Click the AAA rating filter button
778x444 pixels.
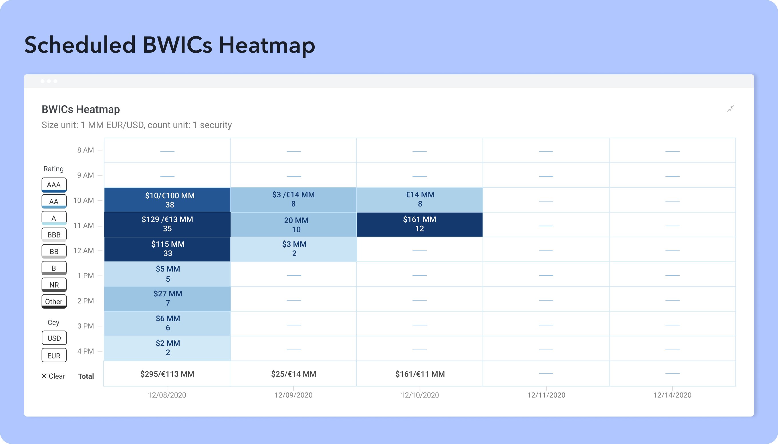pyautogui.click(x=54, y=185)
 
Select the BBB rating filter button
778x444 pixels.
pyautogui.click(x=54, y=235)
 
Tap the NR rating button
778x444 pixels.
pyautogui.click(x=54, y=285)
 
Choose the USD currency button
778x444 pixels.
pyautogui.click(x=54, y=338)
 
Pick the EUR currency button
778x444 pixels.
pyautogui.click(x=54, y=355)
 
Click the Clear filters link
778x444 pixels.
pyautogui.click(x=53, y=376)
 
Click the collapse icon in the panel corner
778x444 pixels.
pyautogui.click(x=731, y=108)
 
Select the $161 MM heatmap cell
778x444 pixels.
pyautogui.click(x=420, y=225)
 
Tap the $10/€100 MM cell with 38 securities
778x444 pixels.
pyautogui.click(x=167, y=200)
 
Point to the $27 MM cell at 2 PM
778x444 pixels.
pyautogui.click(x=167, y=299)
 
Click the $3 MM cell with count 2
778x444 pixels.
pyautogui.click(x=293, y=249)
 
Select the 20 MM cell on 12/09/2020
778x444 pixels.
pyautogui.click(x=293, y=225)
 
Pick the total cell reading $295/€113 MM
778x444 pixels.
pyautogui.click(x=167, y=374)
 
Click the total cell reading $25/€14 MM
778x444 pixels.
pyautogui.click(x=293, y=374)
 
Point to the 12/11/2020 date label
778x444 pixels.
pyautogui.click(x=546, y=395)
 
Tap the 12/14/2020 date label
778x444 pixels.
pyautogui.click(x=672, y=395)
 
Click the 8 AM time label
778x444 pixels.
pyautogui.click(x=85, y=150)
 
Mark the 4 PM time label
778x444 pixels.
pyautogui.click(x=85, y=351)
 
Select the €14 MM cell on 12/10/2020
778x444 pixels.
pyautogui.click(x=420, y=200)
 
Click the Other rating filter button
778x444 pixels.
pyautogui.click(x=54, y=302)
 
